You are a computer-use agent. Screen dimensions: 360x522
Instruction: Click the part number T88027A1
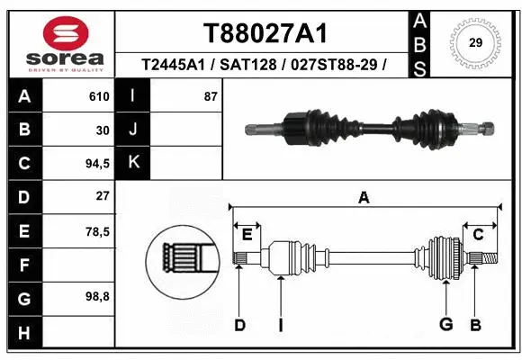click(x=264, y=33)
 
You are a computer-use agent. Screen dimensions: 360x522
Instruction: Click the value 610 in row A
click(x=99, y=96)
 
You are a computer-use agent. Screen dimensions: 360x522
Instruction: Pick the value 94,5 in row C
click(x=96, y=164)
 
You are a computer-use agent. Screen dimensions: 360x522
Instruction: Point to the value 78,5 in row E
click(x=96, y=231)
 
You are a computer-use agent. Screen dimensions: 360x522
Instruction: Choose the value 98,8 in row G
click(x=96, y=297)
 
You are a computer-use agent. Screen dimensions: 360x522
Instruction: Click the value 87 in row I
click(x=211, y=96)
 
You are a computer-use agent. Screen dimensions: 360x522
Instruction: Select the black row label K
click(x=134, y=164)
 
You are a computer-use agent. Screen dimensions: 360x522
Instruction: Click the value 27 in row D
click(x=102, y=196)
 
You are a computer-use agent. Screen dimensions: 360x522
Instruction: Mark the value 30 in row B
click(x=102, y=130)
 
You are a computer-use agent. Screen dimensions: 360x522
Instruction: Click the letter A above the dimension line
click(x=364, y=198)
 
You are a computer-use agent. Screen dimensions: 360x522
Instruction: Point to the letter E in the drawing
click(x=247, y=235)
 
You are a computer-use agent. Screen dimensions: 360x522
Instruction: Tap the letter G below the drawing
click(x=445, y=324)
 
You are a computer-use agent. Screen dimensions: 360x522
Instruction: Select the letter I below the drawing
click(x=280, y=324)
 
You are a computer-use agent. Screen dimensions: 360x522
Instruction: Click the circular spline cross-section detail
click(x=182, y=260)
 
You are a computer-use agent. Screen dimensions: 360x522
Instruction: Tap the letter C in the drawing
click(x=479, y=235)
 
